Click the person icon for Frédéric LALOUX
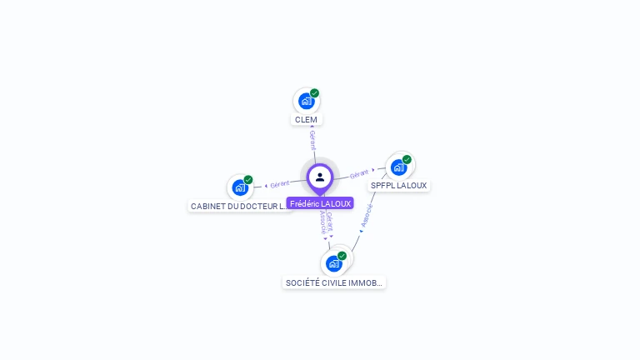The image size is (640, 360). click(320, 177)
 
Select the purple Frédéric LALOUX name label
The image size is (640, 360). click(320, 203)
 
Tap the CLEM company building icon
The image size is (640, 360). click(306, 102)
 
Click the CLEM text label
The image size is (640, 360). click(306, 119)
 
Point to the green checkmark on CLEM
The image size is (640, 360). click(314, 93)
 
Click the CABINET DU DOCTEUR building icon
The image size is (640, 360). click(240, 187)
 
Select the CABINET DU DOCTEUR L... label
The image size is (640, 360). click(238, 206)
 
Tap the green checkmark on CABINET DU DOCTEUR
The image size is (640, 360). click(248, 180)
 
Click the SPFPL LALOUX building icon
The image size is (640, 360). click(398, 167)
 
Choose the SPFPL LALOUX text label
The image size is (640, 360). click(398, 185)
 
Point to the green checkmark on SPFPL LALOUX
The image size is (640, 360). click(407, 159)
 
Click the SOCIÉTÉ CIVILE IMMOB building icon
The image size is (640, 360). click(334, 263)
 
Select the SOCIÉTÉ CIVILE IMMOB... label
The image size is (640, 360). click(334, 282)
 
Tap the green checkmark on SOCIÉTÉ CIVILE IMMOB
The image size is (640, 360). click(342, 256)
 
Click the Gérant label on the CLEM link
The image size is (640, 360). click(312, 140)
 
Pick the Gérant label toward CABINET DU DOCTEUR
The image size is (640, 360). click(279, 183)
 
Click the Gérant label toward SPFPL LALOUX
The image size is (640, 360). click(359, 173)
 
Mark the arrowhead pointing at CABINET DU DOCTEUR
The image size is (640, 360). click(265, 185)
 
